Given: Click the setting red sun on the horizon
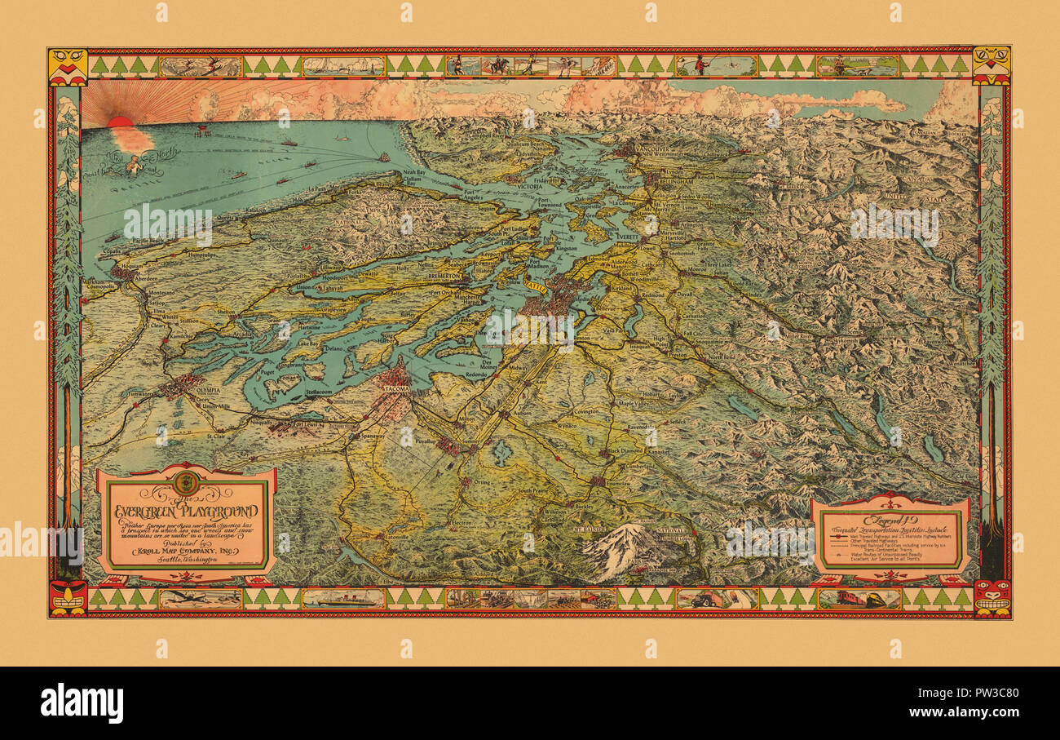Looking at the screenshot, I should pyautogui.click(x=120, y=122).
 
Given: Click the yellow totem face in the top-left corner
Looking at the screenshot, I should pyautogui.click(x=68, y=65).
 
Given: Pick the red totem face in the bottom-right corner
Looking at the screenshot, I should pyautogui.click(x=992, y=597).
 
